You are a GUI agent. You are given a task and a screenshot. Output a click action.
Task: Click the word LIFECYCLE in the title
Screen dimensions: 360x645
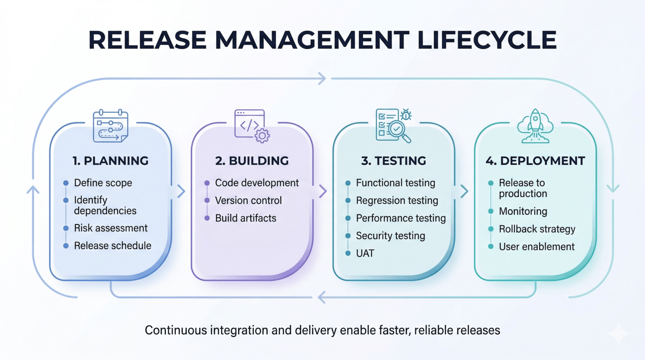coord(487,40)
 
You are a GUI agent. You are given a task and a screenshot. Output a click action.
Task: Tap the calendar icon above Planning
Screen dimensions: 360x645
coord(110,126)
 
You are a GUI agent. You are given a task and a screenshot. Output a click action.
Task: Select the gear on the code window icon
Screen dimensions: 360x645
coord(262,136)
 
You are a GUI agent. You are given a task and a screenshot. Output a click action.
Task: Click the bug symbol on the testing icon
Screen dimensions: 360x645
coord(406,115)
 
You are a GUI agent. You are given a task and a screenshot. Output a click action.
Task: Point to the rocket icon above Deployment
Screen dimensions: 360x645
coord(535,125)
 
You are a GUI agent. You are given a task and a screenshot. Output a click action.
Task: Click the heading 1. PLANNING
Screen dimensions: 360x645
coord(110,161)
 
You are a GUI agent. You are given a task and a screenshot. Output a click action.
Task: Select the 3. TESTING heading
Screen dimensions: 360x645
coord(393,161)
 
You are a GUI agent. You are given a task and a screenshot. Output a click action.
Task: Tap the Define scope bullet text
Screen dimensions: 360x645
coord(103,183)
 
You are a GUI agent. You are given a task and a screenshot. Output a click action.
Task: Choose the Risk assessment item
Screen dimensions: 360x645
coord(110,228)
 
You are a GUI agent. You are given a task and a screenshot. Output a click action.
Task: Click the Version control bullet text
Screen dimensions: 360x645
coord(248,200)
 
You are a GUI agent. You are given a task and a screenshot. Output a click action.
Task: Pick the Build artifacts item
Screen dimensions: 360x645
coord(246,218)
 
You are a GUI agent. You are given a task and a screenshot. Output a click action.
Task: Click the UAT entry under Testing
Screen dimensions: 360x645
coord(365,254)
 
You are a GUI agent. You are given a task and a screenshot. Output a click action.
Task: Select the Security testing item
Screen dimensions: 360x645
coord(390,236)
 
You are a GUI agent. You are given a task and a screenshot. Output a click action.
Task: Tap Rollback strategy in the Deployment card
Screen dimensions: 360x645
coord(537,229)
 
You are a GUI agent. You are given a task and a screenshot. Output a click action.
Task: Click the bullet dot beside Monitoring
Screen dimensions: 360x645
coord(491,211)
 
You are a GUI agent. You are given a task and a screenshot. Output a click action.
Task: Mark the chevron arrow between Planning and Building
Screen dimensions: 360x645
coord(181,191)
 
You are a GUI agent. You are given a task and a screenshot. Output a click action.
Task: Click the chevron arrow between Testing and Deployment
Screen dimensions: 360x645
coord(464,191)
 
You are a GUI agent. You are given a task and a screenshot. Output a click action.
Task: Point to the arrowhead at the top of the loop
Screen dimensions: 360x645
coord(322,79)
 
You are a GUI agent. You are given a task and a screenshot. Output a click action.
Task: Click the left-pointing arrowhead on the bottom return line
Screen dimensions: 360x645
coord(321,298)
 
